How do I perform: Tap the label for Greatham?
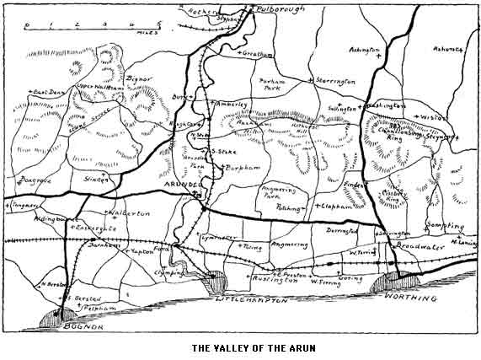click(x=259, y=54)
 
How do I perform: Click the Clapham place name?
click(x=335, y=206)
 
